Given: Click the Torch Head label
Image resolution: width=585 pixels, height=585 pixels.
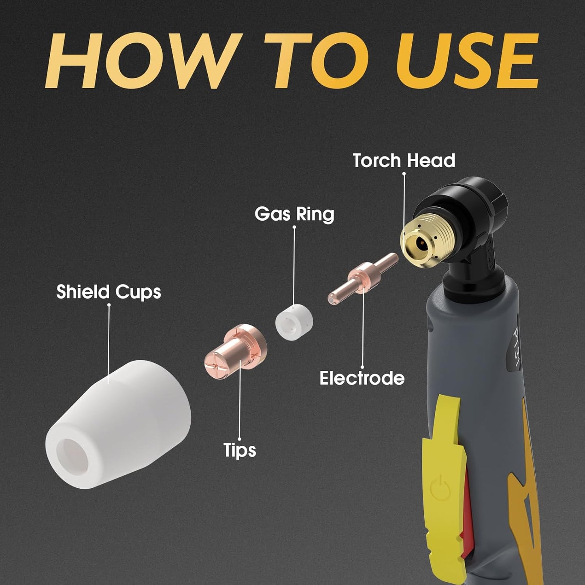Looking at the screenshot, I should [404, 161].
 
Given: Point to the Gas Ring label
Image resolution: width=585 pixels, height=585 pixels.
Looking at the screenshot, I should [294, 214].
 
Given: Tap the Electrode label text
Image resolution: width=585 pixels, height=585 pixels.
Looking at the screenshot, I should [362, 378].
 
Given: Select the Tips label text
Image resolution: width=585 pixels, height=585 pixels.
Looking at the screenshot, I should [240, 450].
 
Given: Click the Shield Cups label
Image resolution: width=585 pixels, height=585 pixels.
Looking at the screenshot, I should [108, 292].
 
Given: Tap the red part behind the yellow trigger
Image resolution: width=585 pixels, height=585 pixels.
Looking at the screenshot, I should [467, 506].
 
